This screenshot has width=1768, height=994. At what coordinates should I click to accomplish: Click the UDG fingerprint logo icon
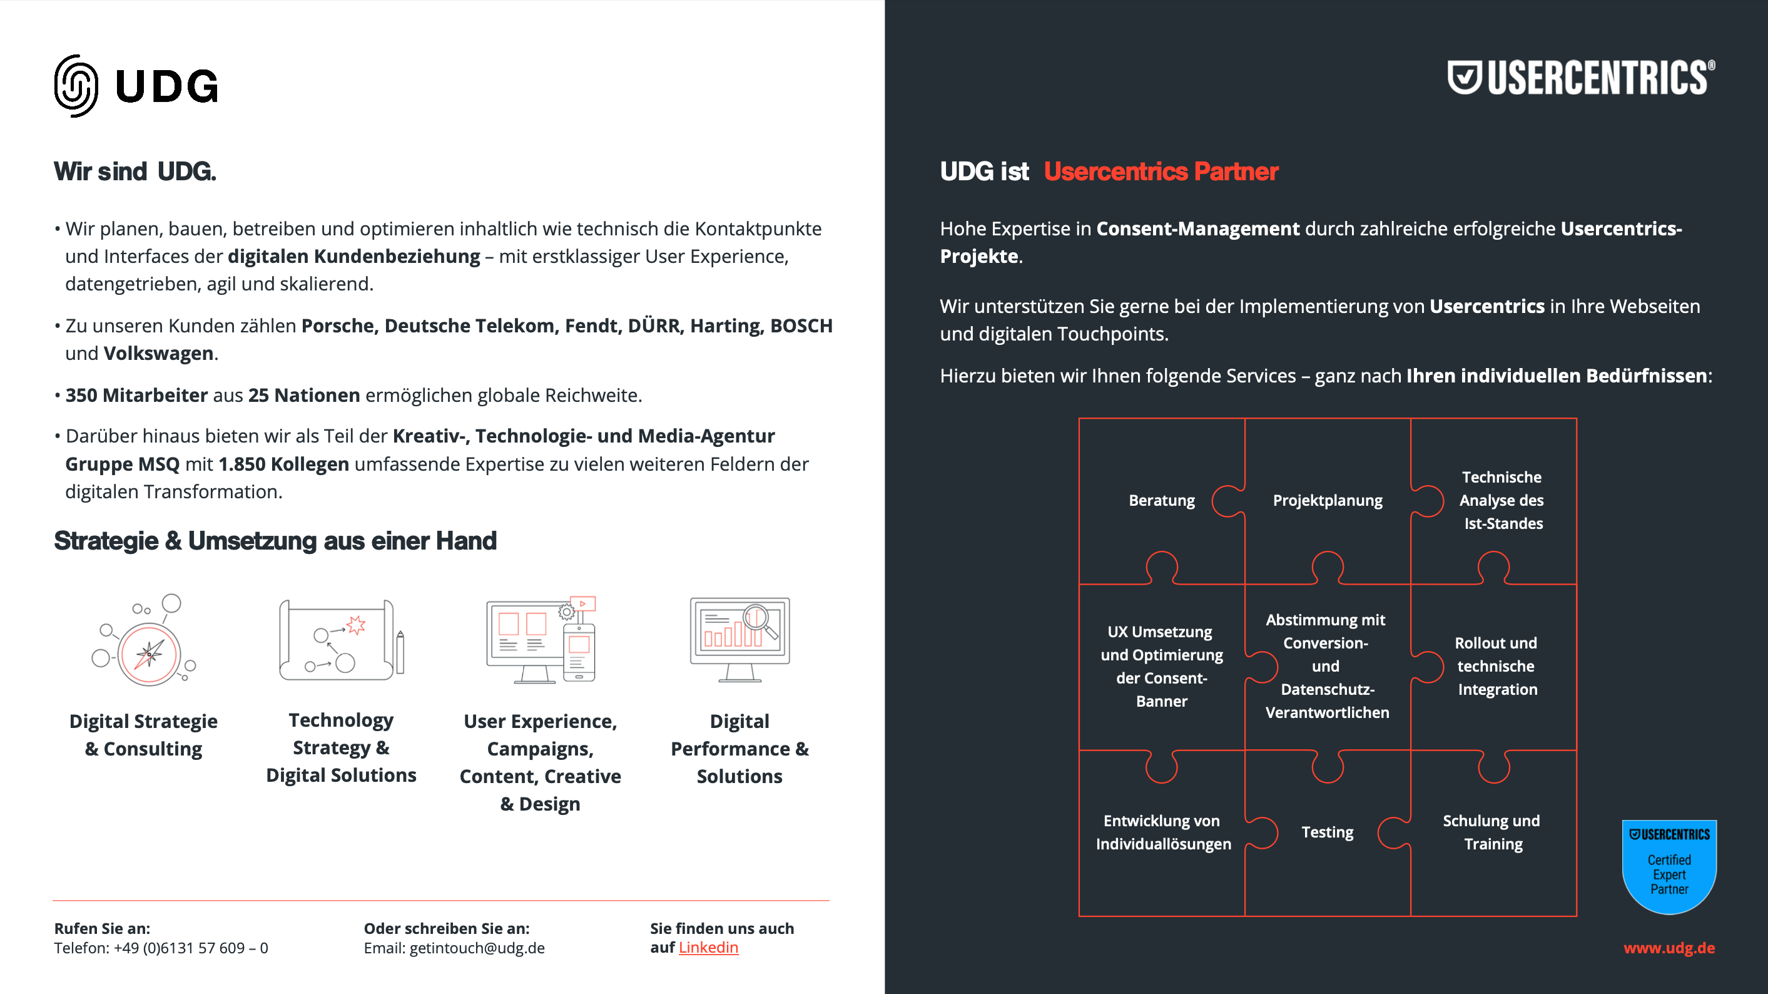pos(76,86)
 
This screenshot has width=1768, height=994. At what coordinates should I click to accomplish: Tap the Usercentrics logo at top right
pos(1581,78)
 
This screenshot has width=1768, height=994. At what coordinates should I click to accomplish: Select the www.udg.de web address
pos(1669,948)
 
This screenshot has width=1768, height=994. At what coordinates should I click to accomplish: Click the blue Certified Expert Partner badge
pos(1669,866)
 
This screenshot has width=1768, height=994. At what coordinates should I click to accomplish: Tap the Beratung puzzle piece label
pos(1161,500)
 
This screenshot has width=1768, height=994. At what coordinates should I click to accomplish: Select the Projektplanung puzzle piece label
pos(1328,500)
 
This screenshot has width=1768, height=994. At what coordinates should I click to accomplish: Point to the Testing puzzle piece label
pos(1328,832)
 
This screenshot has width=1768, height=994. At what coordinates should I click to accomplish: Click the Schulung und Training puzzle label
pos(1491,832)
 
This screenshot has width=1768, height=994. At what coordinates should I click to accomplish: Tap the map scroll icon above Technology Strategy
pos(340,640)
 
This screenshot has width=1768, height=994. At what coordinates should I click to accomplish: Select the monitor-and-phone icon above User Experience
pos(541,640)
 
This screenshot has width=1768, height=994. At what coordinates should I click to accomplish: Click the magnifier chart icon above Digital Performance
pos(740,639)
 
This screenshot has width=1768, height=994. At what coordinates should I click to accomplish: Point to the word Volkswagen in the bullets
pos(158,354)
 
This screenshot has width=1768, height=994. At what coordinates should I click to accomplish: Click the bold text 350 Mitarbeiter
pos(136,396)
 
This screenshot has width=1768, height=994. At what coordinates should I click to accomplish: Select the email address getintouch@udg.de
pos(477,948)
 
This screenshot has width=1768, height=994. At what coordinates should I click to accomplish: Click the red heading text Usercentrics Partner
pos(1161,172)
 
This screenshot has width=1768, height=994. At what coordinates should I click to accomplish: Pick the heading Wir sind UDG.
pos(135,172)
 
